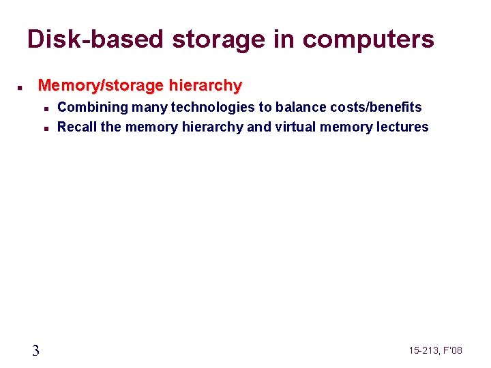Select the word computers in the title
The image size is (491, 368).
click(x=368, y=40)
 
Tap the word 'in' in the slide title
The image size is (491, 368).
click(x=286, y=40)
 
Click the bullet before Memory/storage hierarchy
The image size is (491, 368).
click(x=21, y=88)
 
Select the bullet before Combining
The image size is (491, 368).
click(x=44, y=108)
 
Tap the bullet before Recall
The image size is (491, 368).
click(x=44, y=127)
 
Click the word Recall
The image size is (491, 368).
click(x=77, y=127)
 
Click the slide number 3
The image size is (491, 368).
click(x=35, y=350)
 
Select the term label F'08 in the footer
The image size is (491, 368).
click(x=453, y=350)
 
